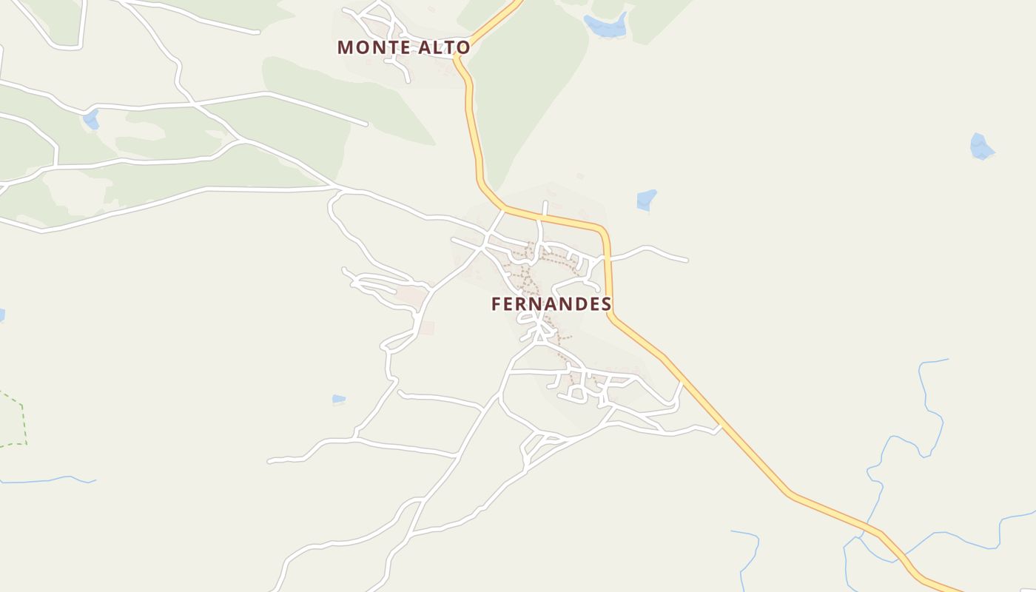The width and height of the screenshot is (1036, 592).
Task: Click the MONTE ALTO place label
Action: pyautogui.click(x=403, y=47)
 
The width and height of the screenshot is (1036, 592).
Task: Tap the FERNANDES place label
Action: pyautogui.click(x=551, y=304)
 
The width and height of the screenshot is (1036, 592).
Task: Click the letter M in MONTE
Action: pyautogui.click(x=345, y=47)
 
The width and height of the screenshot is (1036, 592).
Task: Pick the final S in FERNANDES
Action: pyautogui.click(x=607, y=304)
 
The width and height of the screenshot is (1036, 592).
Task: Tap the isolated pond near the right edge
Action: pyautogui.click(x=980, y=147)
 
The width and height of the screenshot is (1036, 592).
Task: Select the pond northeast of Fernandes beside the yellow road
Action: pyautogui.click(x=646, y=200)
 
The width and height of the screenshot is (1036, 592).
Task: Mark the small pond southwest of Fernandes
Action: pyautogui.click(x=338, y=400)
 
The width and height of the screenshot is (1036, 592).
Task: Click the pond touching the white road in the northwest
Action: pyautogui.click(x=91, y=119)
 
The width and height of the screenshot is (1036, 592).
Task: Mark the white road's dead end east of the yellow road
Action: pyautogui.click(x=686, y=260)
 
